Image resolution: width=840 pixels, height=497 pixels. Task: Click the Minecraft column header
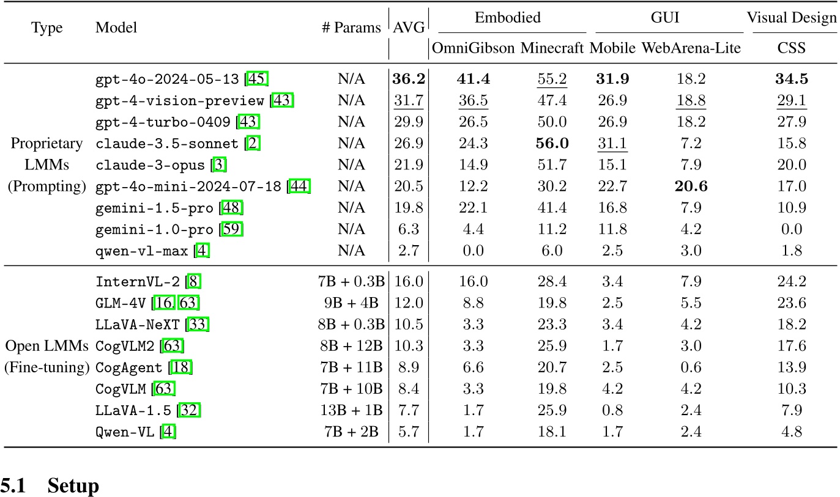click(552, 48)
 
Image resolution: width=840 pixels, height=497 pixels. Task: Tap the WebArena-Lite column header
click(691, 48)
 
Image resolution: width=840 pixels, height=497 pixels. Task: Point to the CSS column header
click(791, 48)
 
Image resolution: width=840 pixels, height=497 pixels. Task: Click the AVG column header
click(408, 28)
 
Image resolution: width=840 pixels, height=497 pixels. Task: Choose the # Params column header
click(351, 28)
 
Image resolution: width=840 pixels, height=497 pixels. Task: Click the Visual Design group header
click(791, 18)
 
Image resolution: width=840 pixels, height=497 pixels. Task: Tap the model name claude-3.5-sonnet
click(167, 144)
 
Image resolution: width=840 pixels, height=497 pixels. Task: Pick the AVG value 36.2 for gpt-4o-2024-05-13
click(408, 79)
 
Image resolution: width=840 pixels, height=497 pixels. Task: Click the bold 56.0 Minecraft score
click(552, 144)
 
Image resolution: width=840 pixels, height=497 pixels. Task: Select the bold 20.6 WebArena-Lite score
click(691, 186)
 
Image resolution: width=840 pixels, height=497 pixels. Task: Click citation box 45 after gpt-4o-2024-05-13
click(258, 79)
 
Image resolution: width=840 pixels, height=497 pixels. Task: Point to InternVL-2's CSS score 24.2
click(791, 282)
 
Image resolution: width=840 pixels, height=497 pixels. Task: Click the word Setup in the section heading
click(73, 486)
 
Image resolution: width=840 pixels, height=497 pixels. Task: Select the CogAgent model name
click(128, 368)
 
